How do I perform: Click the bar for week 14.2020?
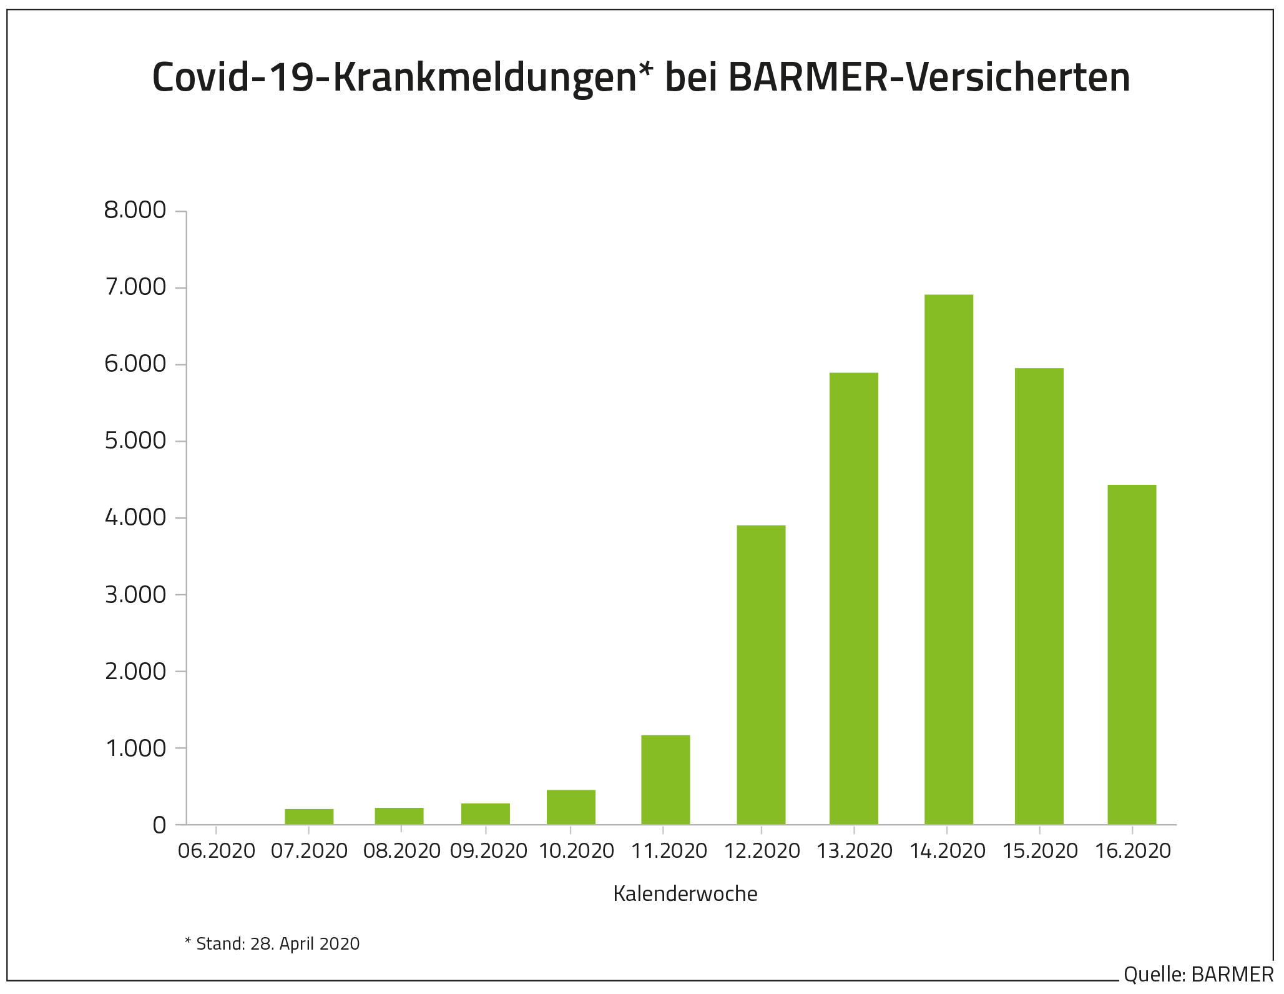(x=948, y=559)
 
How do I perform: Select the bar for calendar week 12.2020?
(x=761, y=675)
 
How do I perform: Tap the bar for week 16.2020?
(x=1132, y=654)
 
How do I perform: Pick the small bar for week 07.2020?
(x=309, y=817)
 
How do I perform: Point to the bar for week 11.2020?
(x=665, y=780)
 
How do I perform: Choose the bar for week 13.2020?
(x=853, y=599)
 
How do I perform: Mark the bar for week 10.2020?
(x=571, y=807)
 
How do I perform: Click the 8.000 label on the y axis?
(x=135, y=211)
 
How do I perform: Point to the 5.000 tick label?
(x=135, y=441)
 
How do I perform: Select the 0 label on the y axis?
(x=159, y=825)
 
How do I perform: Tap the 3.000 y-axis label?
(x=135, y=595)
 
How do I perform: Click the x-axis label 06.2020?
(x=217, y=851)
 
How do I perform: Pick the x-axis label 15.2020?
(x=1040, y=851)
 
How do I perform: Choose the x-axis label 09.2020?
(x=488, y=851)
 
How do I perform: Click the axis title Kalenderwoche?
(x=685, y=894)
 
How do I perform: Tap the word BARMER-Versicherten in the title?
(x=929, y=77)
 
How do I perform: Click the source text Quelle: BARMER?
(x=1198, y=974)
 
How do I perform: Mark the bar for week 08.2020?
(x=399, y=816)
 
